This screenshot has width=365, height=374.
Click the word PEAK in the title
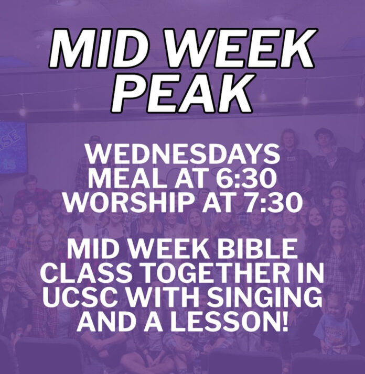(x=182, y=93)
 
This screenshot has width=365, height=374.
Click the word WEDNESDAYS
(x=182, y=154)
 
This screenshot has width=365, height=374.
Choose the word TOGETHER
(x=215, y=273)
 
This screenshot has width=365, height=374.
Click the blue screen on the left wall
(x=13, y=147)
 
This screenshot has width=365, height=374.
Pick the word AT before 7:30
(x=222, y=203)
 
